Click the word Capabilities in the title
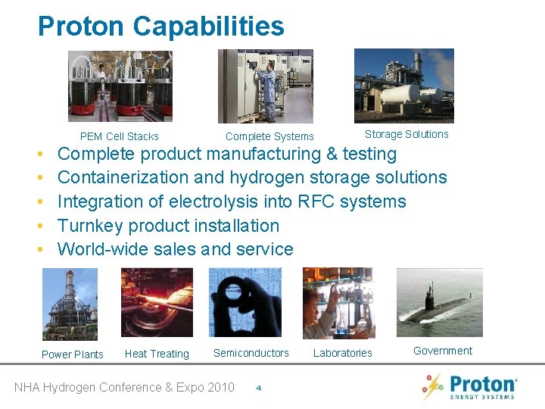point(208,27)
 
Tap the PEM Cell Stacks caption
point(120,136)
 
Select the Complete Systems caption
point(269,136)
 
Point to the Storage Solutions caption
point(406,134)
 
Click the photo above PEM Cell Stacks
point(120,86)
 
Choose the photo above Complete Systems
point(266,86)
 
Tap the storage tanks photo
point(404,86)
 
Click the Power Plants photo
point(70,304)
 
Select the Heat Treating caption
point(157,354)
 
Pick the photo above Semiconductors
point(244,302)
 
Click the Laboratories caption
point(343,353)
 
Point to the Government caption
point(443,351)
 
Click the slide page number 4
point(259,389)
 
